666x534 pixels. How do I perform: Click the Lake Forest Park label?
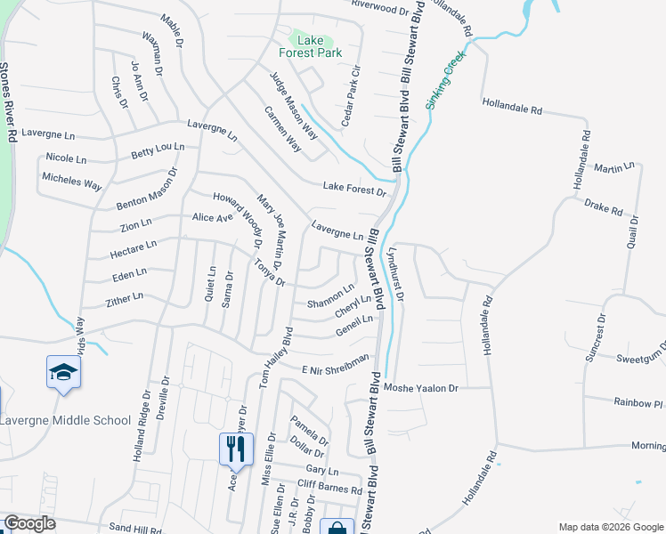click(x=310, y=46)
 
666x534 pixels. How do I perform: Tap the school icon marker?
click(x=64, y=373)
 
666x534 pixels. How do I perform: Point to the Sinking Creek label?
click(x=445, y=81)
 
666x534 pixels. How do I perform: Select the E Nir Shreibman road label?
click(x=336, y=364)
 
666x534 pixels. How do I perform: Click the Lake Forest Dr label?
click(x=354, y=189)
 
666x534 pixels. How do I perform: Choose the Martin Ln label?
click(x=613, y=167)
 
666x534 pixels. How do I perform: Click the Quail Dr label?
click(x=632, y=231)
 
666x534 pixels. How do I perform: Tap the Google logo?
click(x=29, y=524)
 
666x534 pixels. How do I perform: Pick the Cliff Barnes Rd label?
click(x=329, y=489)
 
